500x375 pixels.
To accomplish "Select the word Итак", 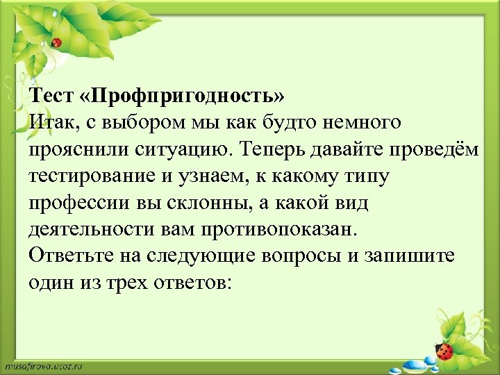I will [x=53, y=122].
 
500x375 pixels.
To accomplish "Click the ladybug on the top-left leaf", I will [x=57, y=43].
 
